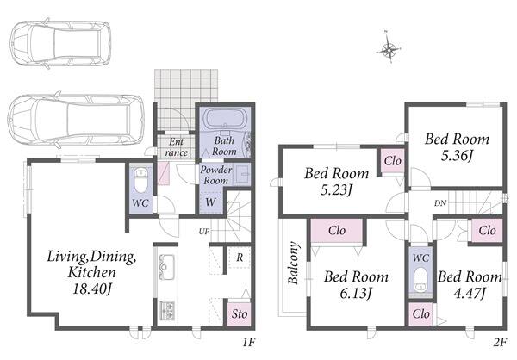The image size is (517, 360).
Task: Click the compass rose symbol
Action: point(389,49)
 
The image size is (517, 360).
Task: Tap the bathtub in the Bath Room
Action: point(226,118)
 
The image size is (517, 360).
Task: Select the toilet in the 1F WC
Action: point(141,180)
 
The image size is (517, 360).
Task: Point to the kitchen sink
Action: point(166,267)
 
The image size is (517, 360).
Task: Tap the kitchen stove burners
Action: point(167,311)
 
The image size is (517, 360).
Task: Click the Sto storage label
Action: point(240,313)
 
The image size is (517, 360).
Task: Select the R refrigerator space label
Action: point(240,258)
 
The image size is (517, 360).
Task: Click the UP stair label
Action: point(204,232)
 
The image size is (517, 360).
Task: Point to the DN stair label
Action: point(440,203)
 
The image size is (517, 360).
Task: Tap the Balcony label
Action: point(293,263)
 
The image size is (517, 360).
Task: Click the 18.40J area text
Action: point(91,289)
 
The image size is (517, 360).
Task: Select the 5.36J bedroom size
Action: point(458,155)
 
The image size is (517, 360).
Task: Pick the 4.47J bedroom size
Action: point(470,293)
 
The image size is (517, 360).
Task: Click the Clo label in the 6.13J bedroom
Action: point(337,230)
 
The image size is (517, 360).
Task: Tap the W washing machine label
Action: point(211,202)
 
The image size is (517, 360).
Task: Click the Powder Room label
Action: point(216,175)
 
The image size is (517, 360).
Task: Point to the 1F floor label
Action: point(249,343)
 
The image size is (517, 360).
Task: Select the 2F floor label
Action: point(500,343)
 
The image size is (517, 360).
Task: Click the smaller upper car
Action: point(60,44)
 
